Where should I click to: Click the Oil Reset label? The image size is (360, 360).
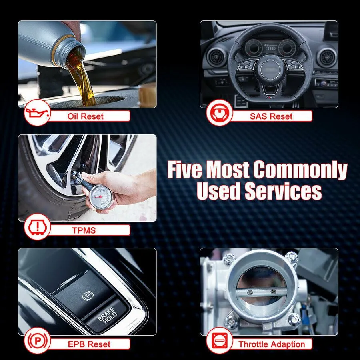click(x=86, y=116)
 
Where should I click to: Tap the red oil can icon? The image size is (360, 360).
click(x=37, y=113)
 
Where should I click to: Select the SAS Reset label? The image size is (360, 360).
click(x=271, y=116)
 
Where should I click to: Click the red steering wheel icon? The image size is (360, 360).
click(x=219, y=112)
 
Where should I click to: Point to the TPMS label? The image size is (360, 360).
click(x=84, y=230)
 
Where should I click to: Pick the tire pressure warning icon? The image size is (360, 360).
click(x=37, y=227)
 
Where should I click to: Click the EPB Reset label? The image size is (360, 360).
click(x=89, y=344)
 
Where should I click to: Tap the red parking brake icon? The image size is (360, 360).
click(x=37, y=340)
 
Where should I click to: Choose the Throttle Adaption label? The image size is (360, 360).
click(x=272, y=344)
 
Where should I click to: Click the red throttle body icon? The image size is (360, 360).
click(x=219, y=340)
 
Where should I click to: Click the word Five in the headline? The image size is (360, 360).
click(x=185, y=170)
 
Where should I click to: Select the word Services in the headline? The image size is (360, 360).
click(x=283, y=191)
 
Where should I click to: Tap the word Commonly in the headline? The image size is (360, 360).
click(x=300, y=170)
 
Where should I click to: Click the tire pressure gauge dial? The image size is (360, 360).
click(x=101, y=196)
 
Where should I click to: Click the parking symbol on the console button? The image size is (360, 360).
click(x=88, y=296)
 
